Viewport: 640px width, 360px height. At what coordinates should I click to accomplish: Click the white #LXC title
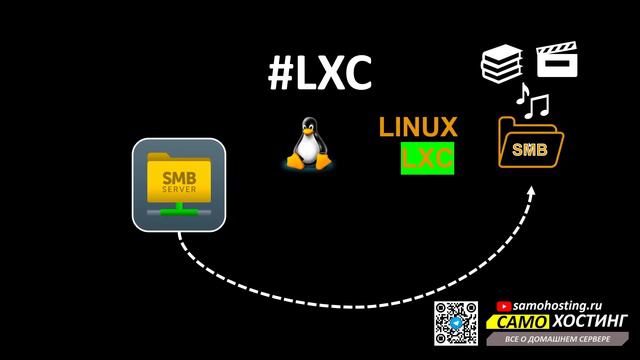(319, 73)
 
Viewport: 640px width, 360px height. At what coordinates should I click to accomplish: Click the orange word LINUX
(418, 128)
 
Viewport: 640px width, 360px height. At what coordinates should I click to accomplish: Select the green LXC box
(427, 158)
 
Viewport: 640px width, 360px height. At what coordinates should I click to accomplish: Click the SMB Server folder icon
(179, 185)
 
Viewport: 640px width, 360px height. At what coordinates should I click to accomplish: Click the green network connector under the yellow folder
(179, 211)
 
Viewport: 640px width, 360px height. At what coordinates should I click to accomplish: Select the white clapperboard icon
(557, 62)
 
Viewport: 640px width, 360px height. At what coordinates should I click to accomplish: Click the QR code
(456, 322)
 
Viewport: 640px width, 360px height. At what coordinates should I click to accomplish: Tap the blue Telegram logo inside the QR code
(456, 323)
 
